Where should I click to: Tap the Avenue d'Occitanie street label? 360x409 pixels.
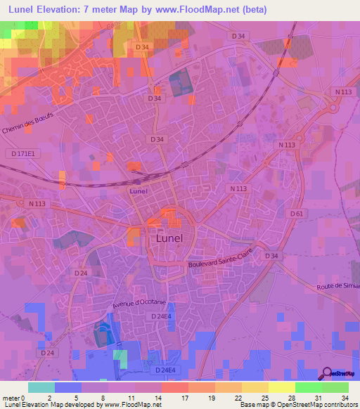click(x=139, y=299)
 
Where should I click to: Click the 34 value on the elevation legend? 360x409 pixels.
click(x=345, y=397)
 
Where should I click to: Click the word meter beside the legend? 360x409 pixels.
click(x=12, y=397)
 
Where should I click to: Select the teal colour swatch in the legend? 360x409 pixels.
click(x=41, y=387)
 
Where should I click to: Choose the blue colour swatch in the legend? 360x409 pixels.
click(x=68, y=387)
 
